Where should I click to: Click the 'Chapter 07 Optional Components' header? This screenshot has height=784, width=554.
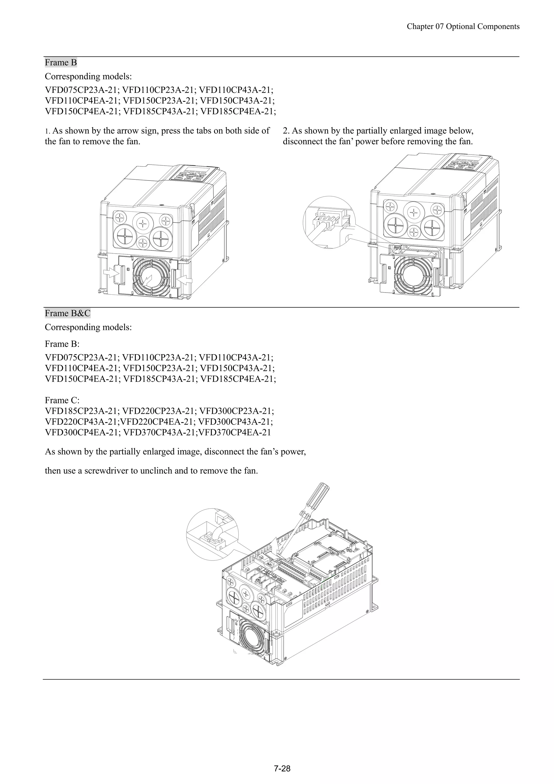click(463, 27)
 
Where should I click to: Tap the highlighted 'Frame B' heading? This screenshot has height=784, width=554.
click(61, 63)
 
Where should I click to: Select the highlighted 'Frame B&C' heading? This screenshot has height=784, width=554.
click(68, 313)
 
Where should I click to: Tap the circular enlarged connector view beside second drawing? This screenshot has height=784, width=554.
click(329, 222)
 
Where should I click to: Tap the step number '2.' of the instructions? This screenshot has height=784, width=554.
click(286, 131)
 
